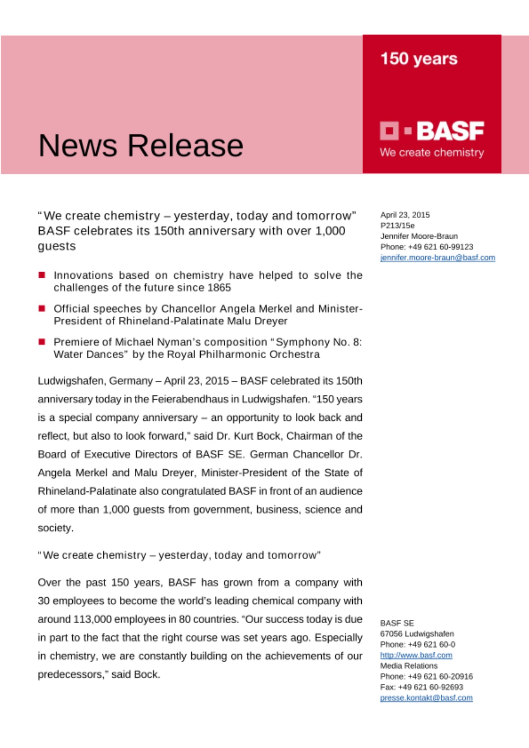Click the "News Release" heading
tap(141, 145)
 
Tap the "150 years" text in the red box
tap(419, 59)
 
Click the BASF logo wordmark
tap(450, 131)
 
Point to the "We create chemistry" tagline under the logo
tap(432, 153)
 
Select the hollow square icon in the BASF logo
tap(389, 131)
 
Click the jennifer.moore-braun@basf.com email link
tap(438, 258)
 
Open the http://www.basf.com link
tap(416, 655)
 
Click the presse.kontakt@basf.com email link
tap(426, 698)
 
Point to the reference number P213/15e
tap(397, 226)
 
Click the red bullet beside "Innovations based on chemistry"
tap(42, 275)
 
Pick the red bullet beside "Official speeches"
tap(42, 309)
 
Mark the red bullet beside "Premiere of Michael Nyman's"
tap(42, 342)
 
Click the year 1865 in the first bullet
tap(219, 288)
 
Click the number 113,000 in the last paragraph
tap(92, 619)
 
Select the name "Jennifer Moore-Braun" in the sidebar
tap(419, 236)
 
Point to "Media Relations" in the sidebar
tap(408, 666)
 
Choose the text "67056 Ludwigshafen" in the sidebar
tap(417, 634)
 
